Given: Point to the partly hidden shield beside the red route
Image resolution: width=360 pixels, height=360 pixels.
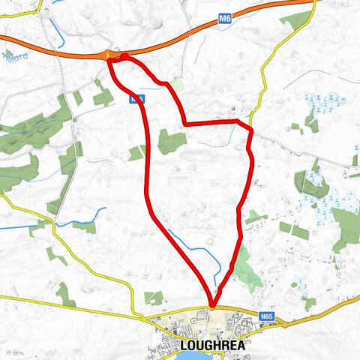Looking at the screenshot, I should [136, 97].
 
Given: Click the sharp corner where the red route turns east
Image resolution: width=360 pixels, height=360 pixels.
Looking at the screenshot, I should [185, 124].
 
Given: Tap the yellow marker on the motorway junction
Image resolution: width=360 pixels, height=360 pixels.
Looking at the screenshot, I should [110, 55].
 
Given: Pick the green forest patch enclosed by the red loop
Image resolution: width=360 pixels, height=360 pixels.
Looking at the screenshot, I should [171, 141].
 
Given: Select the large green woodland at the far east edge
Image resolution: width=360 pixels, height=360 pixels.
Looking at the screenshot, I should [346, 229].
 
